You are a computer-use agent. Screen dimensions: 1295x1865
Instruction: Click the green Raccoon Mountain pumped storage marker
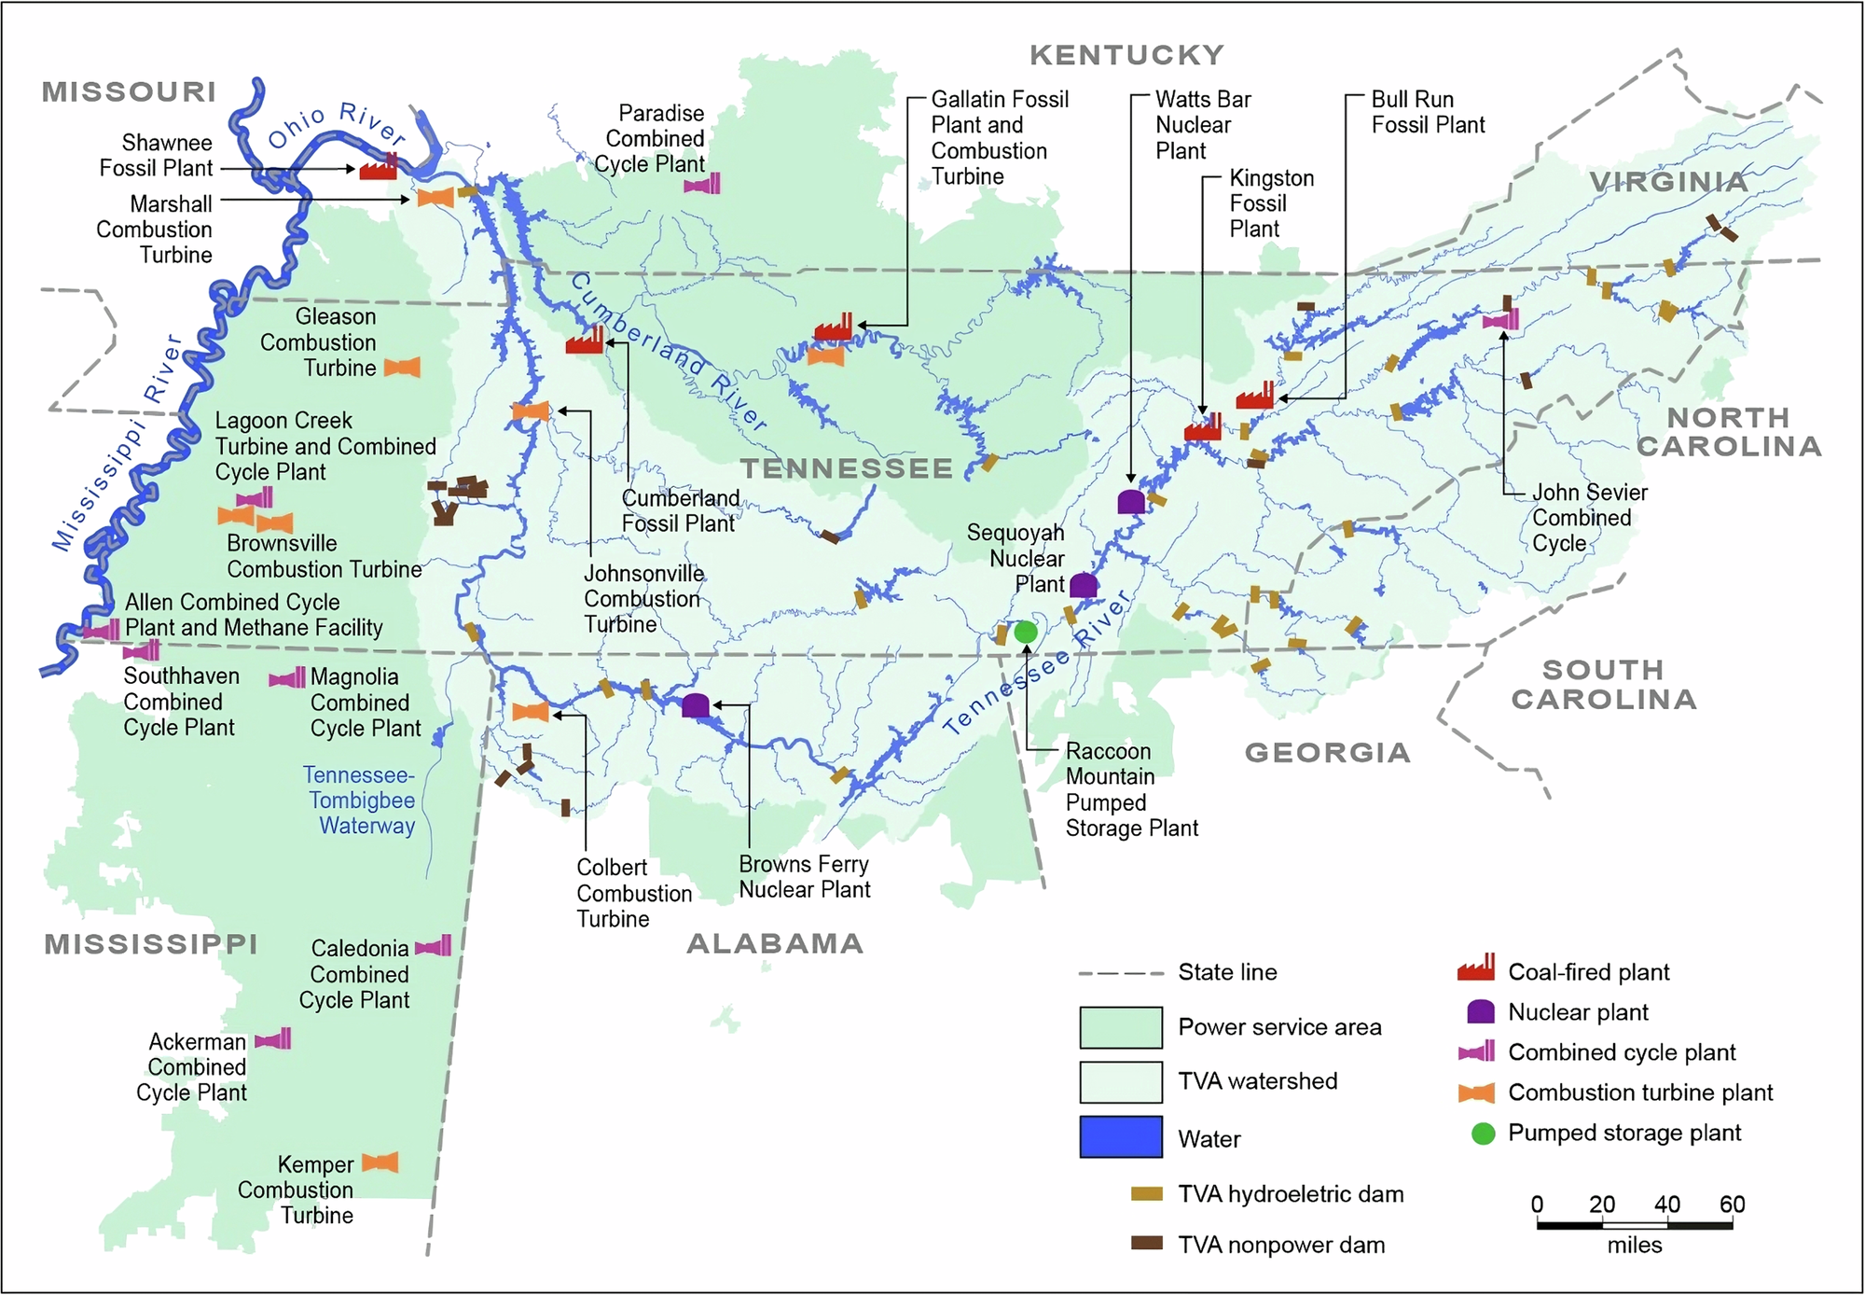[1026, 632]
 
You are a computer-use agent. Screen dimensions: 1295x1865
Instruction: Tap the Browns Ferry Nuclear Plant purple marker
[695, 705]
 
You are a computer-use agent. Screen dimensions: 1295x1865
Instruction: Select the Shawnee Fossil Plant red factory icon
[380, 168]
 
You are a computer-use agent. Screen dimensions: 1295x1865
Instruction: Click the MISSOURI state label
[129, 91]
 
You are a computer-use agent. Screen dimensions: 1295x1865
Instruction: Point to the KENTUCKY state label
[1126, 55]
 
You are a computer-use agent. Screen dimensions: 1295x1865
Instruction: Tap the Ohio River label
[337, 126]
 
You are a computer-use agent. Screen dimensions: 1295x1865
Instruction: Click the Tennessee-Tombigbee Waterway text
[361, 800]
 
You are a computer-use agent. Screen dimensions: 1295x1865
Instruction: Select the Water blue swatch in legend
[1121, 1136]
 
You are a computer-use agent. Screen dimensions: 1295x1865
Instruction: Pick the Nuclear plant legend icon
[1481, 1011]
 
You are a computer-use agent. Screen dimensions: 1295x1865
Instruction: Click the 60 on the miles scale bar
[1732, 1204]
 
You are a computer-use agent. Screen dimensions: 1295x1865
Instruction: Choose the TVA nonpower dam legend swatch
[1146, 1243]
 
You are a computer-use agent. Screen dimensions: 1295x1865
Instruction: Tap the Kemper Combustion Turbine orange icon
[380, 1163]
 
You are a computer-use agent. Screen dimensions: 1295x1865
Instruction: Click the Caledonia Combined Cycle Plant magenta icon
[434, 947]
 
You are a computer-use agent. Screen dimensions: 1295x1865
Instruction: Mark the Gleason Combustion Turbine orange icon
[402, 368]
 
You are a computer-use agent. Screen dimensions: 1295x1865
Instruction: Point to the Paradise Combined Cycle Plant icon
[702, 184]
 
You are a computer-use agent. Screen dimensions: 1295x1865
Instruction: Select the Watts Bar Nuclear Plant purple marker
[1131, 502]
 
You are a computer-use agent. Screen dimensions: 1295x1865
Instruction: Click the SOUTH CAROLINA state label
[1604, 684]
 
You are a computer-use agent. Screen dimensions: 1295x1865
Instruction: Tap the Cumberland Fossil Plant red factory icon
[585, 341]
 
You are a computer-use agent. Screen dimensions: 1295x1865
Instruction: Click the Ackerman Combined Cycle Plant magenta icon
[273, 1038]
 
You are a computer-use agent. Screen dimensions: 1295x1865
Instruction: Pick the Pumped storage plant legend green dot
[1483, 1133]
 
